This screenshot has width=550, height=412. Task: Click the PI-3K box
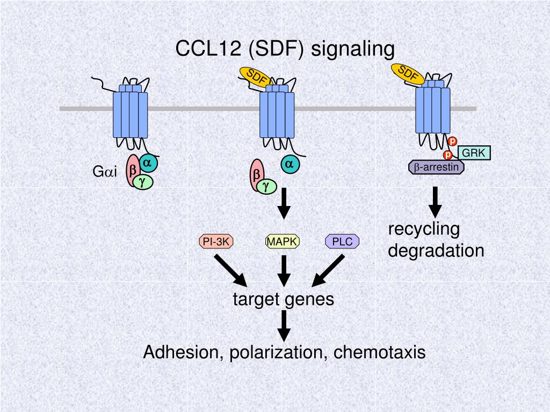pyautogui.click(x=216, y=242)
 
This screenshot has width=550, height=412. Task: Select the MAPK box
pyautogui.click(x=283, y=242)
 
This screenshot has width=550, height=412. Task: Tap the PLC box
pyautogui.click(x=342, y=242)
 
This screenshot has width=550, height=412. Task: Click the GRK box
pyautogui.click(x=474, y=153)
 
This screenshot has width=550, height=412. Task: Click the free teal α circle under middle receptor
pyautogui.click(x=290, y=164)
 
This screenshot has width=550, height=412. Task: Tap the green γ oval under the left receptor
pyautogui.click(x=142, y=182)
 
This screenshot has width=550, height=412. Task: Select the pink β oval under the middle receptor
pyautogui.click(x=257, y=175)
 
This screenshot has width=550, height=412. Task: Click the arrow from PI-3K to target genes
pyautogui.click(x=230, y=271)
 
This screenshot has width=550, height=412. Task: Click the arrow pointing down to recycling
pyautogui.click(x=435, y=202)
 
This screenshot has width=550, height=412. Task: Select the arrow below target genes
pyautogui.click(x=284, y=325)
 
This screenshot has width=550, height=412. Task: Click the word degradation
pyautogui.click(x=436, y=251)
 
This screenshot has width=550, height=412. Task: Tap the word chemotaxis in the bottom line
pyautogui.click(x=379, y=352)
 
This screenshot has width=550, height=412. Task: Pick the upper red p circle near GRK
pyautogui.click(x=453, y=142)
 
